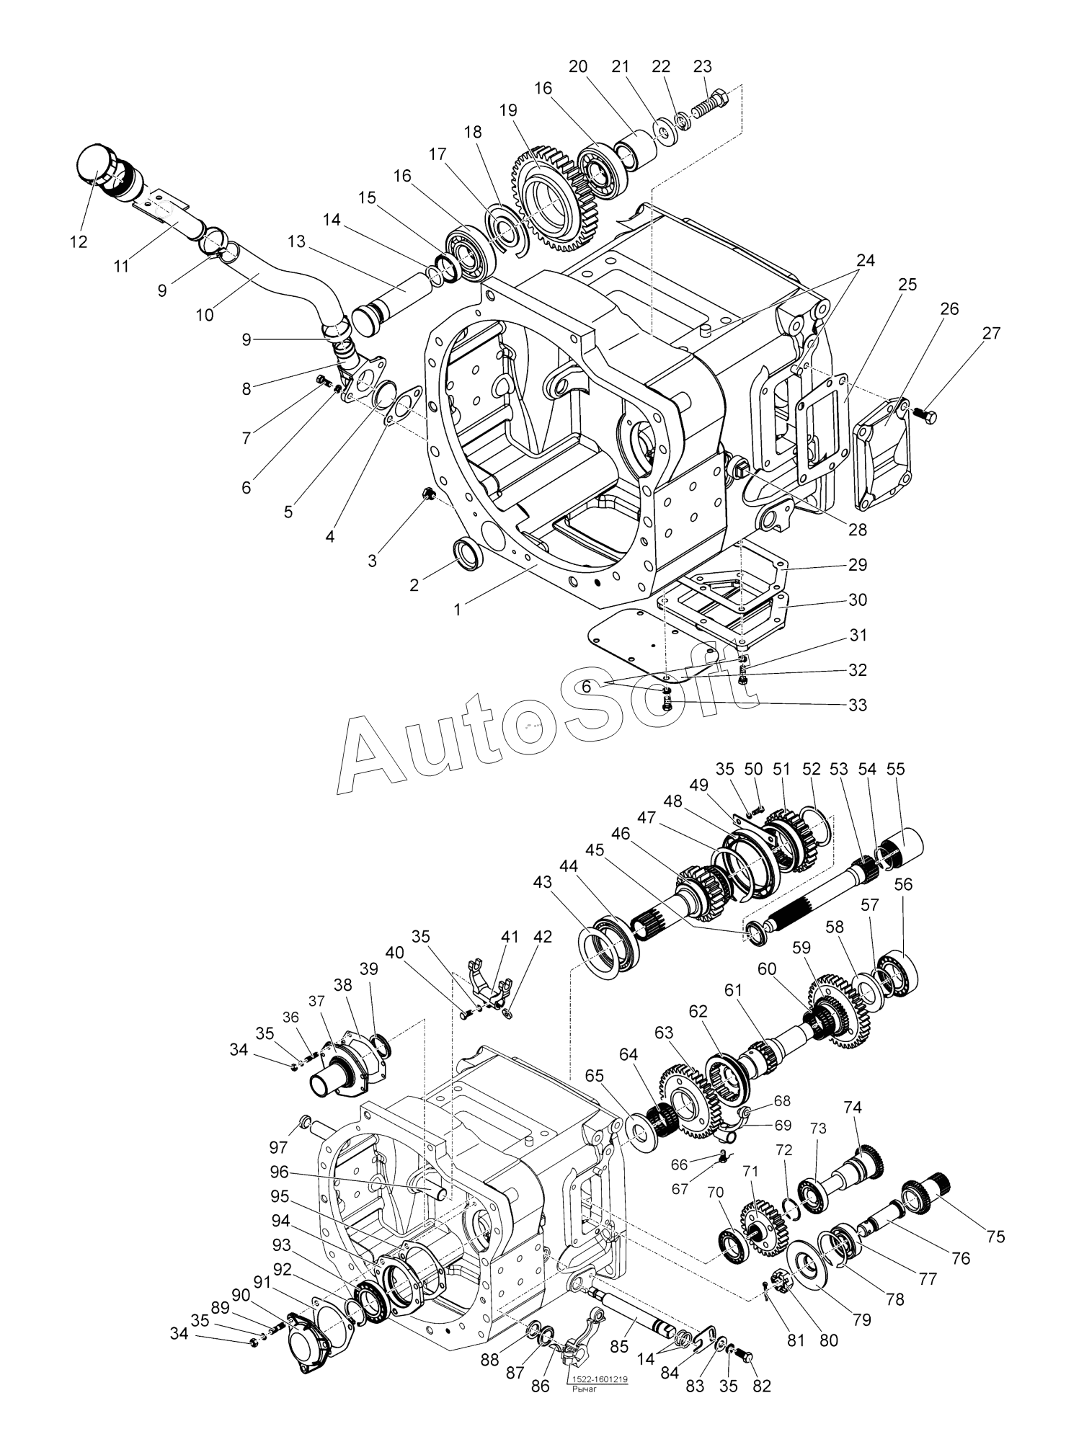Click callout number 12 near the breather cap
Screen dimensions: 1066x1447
point(79,242)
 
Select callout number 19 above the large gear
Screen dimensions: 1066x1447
point(508,111)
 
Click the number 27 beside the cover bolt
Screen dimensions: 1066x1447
point(992,333)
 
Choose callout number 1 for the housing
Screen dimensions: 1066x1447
point(457,610)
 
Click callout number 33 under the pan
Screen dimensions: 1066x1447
point(857,704)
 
